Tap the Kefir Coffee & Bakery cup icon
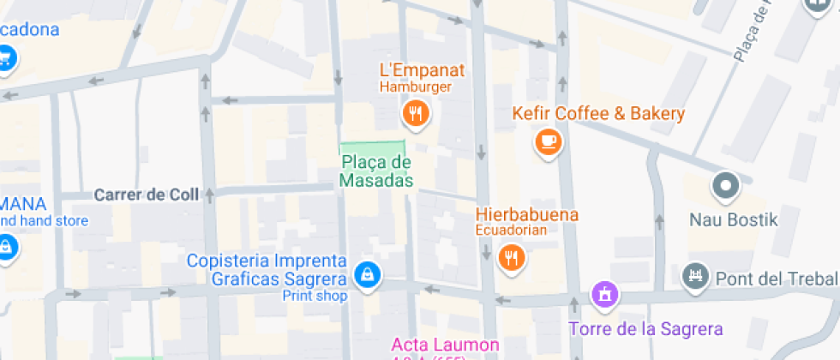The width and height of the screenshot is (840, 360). coord(548,141)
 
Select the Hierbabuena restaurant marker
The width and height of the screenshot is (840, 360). coord(512,256)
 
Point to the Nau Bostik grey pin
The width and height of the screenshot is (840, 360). coord(726,185)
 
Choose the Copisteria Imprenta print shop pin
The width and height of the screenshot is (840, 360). coord(369,275)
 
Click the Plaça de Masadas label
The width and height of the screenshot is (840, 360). coord(376,171)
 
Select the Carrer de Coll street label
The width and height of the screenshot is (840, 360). coord(147,195)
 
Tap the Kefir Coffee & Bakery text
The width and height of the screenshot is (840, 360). coord(598,114)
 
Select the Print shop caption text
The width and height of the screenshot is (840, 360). coord(315,297)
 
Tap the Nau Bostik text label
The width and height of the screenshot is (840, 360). coord(734,220)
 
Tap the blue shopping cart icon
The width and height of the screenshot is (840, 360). coord(7,58)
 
